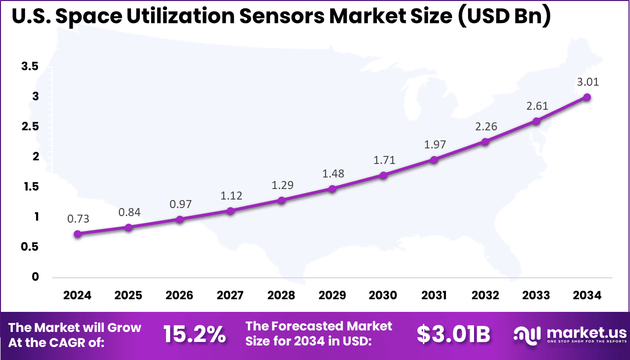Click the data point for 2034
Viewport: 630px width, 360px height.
tap(586, 97)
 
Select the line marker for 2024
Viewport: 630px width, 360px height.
tap(77, 234)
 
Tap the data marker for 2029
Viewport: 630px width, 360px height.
tap(332, 189)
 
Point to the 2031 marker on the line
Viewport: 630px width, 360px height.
tap(434, 159)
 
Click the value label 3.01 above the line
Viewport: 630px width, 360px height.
tap(587, 82)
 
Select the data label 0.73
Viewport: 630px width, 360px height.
tap(78, 219)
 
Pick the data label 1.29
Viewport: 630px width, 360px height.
tap(282, 185)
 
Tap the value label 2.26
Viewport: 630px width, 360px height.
tap(486, 126)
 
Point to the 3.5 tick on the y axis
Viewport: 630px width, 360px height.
tap(30, 66)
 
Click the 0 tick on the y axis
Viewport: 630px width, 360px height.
tap(35, 277)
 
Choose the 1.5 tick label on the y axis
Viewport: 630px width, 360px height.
tap(30, 187)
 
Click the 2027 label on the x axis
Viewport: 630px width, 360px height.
tap(230, 295)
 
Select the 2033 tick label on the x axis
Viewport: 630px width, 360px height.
tap(536, 295)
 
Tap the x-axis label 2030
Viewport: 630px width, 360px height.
tap(383, 295)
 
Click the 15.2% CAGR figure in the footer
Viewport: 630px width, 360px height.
tap(195, 334)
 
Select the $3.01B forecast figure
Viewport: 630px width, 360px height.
tap(453, 334)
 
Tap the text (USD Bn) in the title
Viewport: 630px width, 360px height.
tap(504, 16)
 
